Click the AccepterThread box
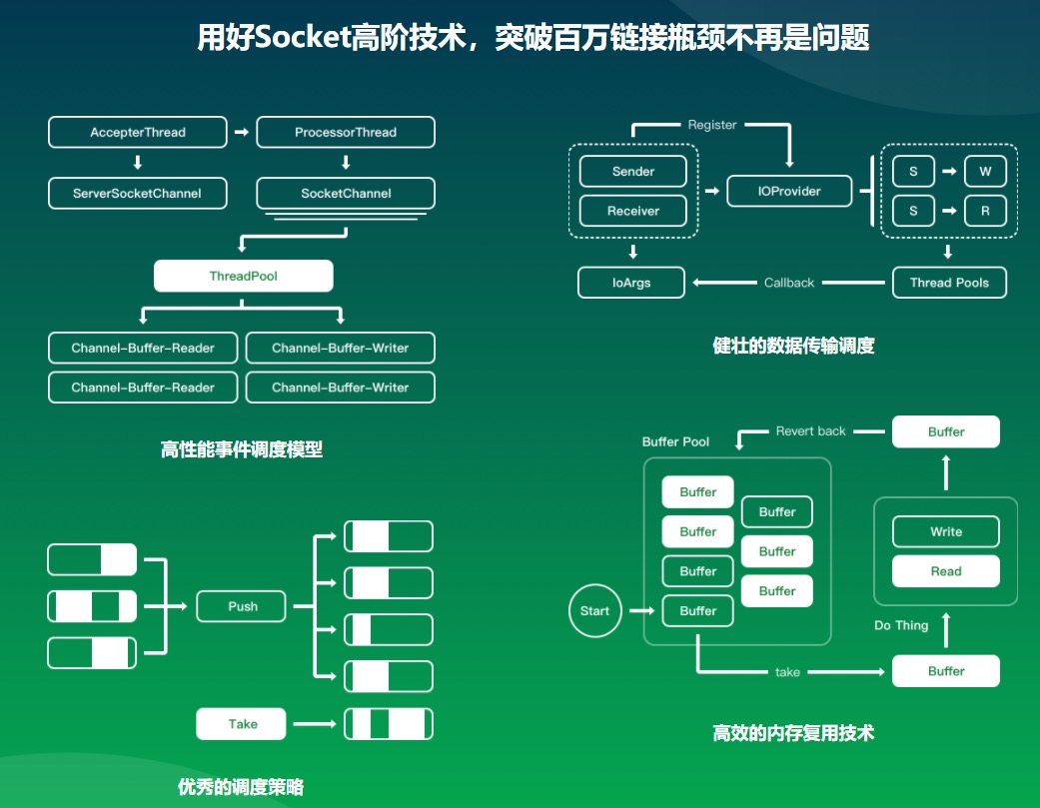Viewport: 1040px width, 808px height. coord(138,132)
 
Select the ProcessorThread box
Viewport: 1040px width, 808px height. coord(346,132)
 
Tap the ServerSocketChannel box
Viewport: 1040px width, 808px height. coord(138,193)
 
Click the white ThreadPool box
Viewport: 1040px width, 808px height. coord(243,276)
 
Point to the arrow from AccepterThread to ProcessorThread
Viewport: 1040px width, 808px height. coord(241,132)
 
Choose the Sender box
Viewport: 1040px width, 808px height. coord(633,171)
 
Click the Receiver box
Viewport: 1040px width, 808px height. coord(633,211)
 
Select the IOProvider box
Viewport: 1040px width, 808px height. coord(789,191)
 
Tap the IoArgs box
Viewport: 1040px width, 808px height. coord(631,283)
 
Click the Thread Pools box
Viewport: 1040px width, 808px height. coord(949,283)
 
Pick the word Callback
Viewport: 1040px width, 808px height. coord(789,283)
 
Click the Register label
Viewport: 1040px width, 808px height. coord(712,125)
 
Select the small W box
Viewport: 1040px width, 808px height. coord(985,171)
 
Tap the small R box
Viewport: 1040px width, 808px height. coord(985,211)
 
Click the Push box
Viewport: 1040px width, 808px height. coord(243,606)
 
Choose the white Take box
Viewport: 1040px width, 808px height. coord(243,724)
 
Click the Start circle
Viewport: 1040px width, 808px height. coord(594,610)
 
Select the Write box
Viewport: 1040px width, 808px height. coord(946,531)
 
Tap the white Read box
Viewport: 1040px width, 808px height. coord(946,571)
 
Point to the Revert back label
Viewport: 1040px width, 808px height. coord(810,431)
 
